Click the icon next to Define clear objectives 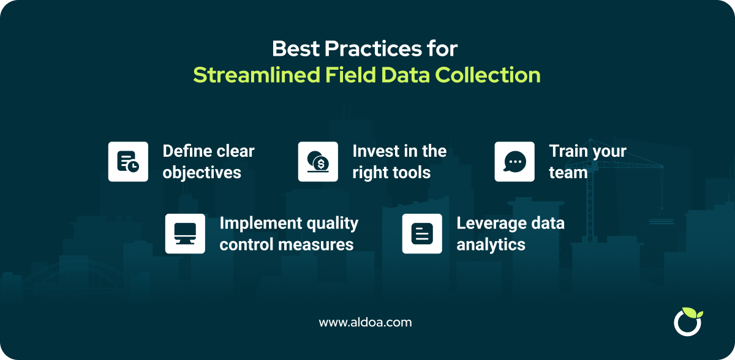[x=128, y=162]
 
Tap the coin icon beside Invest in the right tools [x=318, y=162]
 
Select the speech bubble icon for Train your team [x=514, y=162]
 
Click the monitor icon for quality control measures [x=185, y=234]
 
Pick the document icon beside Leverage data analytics [x=422, y=234]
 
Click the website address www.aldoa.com [x=365, y=323]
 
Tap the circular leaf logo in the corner [x=687, y=322]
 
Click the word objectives [x=202, y=173]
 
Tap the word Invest [x=374, y=151]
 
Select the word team [x=568, y=173]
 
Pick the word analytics [x=491, y=245]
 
